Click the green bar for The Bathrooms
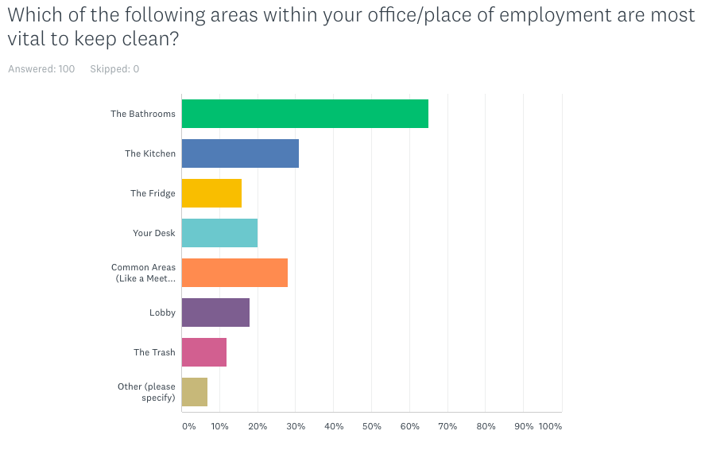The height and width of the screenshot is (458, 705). [304, 114]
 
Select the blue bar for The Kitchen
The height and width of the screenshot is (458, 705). [240, 153]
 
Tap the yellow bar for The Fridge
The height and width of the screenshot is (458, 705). [211, 193]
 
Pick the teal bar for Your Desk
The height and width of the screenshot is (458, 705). [219, 233]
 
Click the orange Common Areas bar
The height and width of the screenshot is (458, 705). [234, 273]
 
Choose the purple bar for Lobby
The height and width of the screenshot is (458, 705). [215, 312]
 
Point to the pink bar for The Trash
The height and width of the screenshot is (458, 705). [204, 352]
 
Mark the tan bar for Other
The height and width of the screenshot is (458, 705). [195, 392]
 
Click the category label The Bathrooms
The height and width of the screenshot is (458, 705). [143, 114]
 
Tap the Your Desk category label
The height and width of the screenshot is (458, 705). [154, 233]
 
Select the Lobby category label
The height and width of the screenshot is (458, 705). [162, 312]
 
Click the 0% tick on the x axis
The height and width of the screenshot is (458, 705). [188, 426]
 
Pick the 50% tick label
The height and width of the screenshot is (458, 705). [371, 426]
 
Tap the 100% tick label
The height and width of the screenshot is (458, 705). [550, 426]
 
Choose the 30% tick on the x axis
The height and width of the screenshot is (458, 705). [296, 426]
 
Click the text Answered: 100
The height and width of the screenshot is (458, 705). [41, 69]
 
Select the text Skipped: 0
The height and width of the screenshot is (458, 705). [114, 69]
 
